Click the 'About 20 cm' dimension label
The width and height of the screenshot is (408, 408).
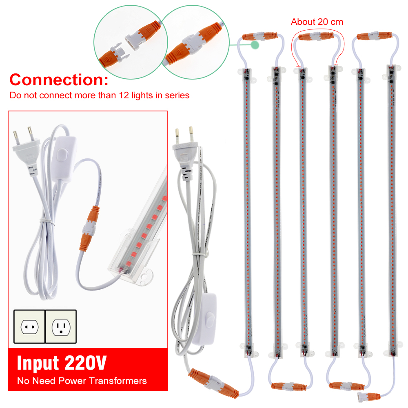tap(317, 22)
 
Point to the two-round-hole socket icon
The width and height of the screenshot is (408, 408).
tap(29, 326)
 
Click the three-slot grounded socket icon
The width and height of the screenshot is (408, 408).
tap(61, 326)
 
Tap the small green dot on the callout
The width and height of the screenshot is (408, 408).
tap(255, 44)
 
